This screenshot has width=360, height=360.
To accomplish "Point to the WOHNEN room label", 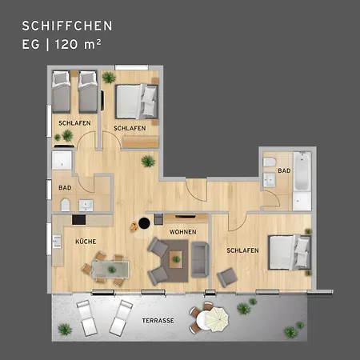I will [x=182, y=232].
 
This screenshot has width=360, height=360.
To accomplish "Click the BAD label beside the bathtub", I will [x=284, y=171].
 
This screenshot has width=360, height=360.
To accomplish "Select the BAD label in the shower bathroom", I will [x=65, y=189].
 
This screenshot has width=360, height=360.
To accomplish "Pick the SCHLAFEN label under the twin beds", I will [x=73, y=122].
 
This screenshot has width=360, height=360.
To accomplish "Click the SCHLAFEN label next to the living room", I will [x=242, y=250].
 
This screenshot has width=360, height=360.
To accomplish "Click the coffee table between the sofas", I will [x=174, y=258].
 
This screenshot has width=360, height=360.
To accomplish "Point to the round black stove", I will [x=143, y=224].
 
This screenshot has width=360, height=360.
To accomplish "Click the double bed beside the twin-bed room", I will [x=136, y=102].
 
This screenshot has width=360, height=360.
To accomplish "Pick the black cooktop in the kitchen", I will [x=81, y=219].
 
